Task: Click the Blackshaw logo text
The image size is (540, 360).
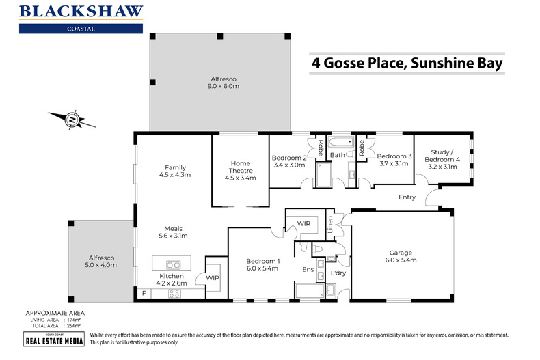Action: pos(81,11)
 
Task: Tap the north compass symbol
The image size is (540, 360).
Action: pos(72,120)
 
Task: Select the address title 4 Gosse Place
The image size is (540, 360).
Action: pos(407,64)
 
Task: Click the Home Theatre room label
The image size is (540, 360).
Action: pos(240,167)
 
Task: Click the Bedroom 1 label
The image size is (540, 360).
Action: pos(263,261)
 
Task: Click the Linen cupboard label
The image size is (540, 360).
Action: pos(330,226)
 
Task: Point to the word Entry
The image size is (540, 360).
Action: pos(408,197)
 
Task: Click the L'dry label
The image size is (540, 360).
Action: pos(339,273)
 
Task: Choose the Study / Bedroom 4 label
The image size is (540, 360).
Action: pos(444,156)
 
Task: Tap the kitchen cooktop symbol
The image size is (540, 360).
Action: pos(174,294)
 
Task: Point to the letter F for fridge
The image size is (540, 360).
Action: pos(144,294)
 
